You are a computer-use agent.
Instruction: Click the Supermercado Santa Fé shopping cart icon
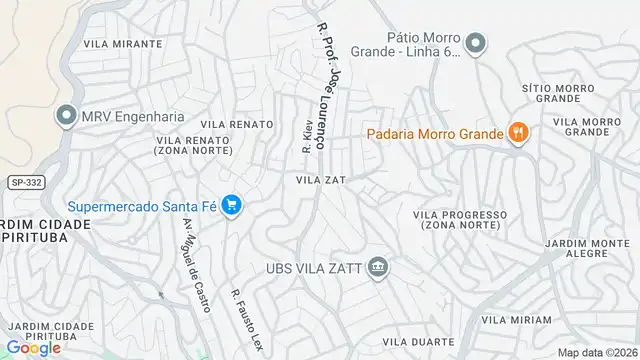[x=232, y=206]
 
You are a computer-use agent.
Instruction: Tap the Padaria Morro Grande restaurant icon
[x=518, y=130]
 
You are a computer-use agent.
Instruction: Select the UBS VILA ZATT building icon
[x=378, y=267]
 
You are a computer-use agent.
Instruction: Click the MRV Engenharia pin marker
[x=66, y=115]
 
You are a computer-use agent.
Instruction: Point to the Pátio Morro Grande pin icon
[x=476, y=42]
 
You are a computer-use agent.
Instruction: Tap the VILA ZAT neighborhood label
[x=320, y=180]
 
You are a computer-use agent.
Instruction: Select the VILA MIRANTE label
[x=124, y=44]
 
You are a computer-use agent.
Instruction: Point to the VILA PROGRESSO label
[x=466, y=213]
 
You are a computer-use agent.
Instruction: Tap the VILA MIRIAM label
[x=516, y=319]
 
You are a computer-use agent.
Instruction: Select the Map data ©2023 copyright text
[x=597, y=352]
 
